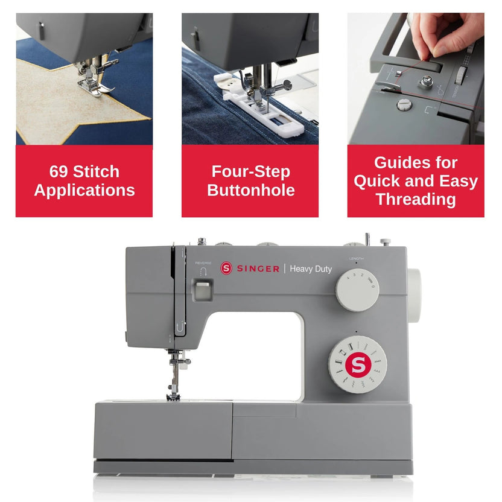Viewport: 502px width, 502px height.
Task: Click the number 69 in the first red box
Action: (x=59, y=171)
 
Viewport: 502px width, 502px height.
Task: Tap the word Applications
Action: (x=84, y=191)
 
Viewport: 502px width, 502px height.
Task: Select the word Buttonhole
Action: (x=250, y=191)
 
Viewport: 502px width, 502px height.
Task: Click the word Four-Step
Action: (x=250, y=171)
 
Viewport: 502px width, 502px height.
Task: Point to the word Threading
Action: (x=416, y=200)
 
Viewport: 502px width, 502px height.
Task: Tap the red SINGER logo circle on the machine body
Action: (x=226, y=268)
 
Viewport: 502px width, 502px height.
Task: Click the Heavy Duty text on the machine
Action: (x=311, y=269)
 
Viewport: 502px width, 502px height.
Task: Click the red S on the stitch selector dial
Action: (x=357, y=364)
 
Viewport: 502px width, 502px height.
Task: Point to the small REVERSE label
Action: (x=203, y=264)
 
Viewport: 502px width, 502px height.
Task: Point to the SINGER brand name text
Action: (x=257, y=269)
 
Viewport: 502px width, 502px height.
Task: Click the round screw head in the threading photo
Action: (x=402, y=106)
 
